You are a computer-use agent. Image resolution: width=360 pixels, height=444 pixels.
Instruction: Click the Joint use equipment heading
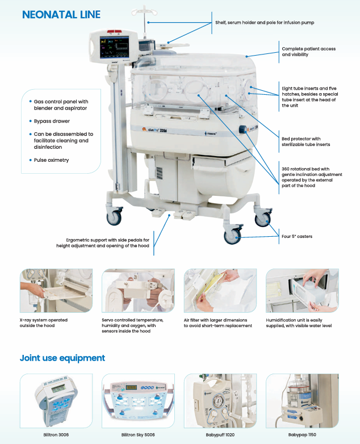[62, 358]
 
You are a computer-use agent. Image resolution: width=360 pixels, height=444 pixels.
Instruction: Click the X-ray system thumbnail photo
[56, 291]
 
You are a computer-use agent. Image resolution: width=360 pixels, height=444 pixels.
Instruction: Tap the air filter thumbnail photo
[220, 291]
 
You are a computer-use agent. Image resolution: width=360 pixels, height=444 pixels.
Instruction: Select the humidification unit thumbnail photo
[302, 291]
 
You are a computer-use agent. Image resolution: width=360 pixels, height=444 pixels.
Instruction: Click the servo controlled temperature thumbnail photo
[138, 291]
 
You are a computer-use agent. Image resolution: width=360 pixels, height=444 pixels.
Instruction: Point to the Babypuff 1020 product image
[220, 400]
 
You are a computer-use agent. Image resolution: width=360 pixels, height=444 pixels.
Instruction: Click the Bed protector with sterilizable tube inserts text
[305, 141]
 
